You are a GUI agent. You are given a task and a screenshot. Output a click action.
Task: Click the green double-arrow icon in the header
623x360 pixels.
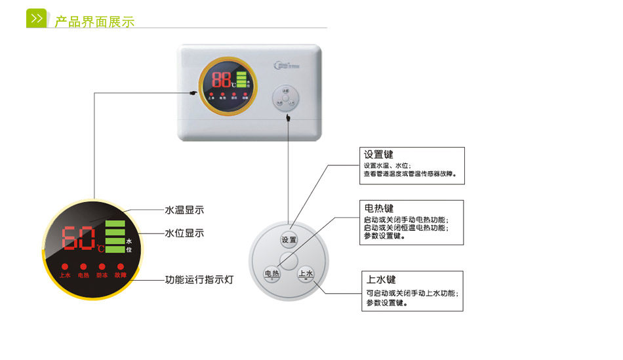[x=37, y=18]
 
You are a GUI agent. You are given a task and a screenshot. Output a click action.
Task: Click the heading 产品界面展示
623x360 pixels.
[x=94, y=22]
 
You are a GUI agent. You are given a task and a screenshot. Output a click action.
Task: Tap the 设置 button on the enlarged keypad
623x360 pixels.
[x=289, y=240]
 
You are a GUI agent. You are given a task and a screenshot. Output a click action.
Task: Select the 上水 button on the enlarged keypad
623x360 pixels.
[x=306, y=274]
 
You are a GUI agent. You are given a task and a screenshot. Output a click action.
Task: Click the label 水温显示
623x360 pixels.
[x=184, y=210]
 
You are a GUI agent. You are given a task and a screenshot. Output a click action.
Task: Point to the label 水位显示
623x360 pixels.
[x=184, y=233]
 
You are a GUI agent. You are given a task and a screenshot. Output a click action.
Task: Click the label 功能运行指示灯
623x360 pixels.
[x=199, y=279]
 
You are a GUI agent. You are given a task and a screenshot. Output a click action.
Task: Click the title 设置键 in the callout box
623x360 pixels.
[x=379, y=155]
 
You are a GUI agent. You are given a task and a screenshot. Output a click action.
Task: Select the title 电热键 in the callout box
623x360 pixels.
[x=379, y=209]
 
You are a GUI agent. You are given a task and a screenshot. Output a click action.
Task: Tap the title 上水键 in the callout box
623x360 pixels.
[x=382, y=279]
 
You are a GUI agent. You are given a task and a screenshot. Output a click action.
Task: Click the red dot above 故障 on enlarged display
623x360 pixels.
[x=120, y=267]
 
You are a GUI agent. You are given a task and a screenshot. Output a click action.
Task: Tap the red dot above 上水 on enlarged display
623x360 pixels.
[x=65, y=267]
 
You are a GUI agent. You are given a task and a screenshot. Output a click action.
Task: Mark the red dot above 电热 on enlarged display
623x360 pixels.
[x=83, y=267]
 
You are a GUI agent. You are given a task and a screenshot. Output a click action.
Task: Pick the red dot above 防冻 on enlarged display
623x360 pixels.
[x=102, y=267]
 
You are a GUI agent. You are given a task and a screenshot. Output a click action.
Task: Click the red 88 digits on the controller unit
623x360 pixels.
[x=222, y=81]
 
